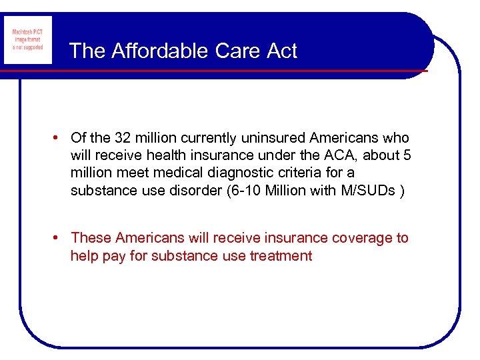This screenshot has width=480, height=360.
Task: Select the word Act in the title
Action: coord(281,51)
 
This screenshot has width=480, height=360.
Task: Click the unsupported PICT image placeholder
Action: coord(28,40)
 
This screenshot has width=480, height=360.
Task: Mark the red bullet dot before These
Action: coord(59,238)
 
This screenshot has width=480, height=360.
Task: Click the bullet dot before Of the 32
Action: coord(59,138)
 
